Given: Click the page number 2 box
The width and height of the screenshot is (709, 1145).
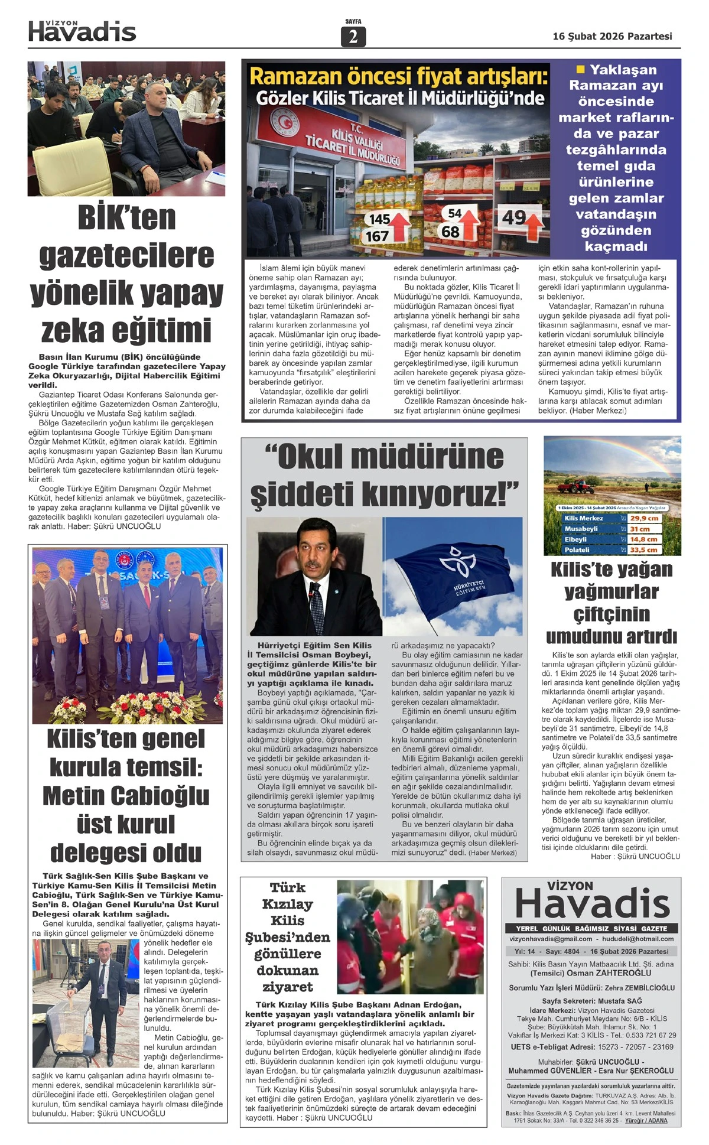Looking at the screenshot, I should (353, 37).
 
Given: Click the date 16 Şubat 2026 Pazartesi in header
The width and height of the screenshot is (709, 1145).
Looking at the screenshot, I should (612, 36).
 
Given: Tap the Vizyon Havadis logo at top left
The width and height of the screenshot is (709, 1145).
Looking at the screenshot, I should (82, 31).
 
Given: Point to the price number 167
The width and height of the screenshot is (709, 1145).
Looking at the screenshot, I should (377, 236).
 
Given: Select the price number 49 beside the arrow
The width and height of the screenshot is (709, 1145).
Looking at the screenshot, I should (513, 217).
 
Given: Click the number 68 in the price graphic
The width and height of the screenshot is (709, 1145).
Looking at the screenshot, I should (450, 232).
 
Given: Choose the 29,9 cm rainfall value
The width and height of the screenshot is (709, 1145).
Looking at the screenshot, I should (644, 518).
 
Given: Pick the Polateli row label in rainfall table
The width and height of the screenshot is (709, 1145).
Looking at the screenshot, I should (577, 549).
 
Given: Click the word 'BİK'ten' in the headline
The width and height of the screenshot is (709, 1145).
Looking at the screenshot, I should (126, 217).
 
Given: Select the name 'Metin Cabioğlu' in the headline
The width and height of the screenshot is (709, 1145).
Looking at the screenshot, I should (126, 795).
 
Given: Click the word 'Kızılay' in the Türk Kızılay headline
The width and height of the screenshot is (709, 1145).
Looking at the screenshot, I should (287, 904).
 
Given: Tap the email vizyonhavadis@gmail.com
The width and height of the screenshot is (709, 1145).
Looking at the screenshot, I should (551, 939).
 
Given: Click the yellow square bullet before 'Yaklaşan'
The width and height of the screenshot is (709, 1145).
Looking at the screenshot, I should (580, 69).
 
